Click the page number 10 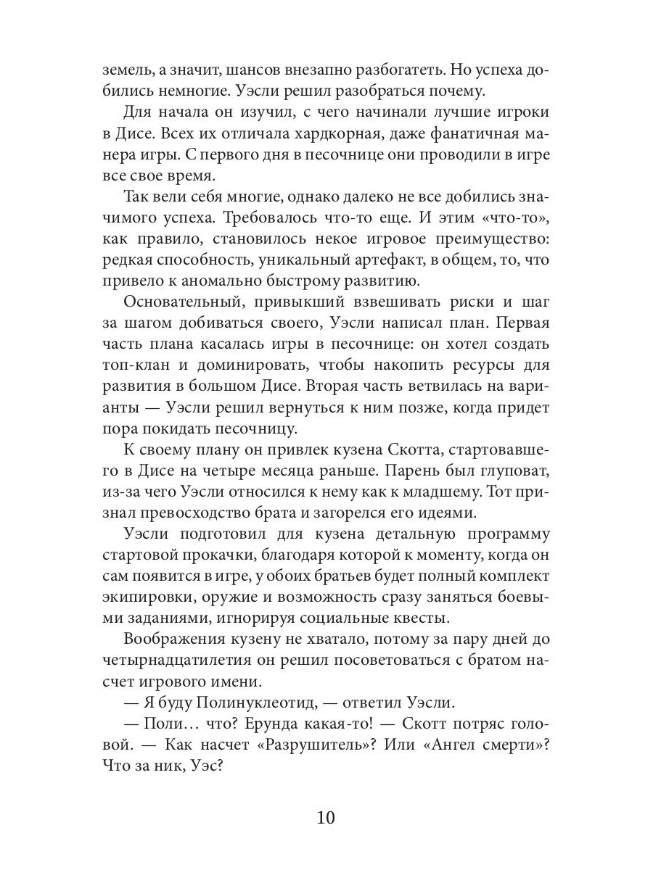[326, 818]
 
